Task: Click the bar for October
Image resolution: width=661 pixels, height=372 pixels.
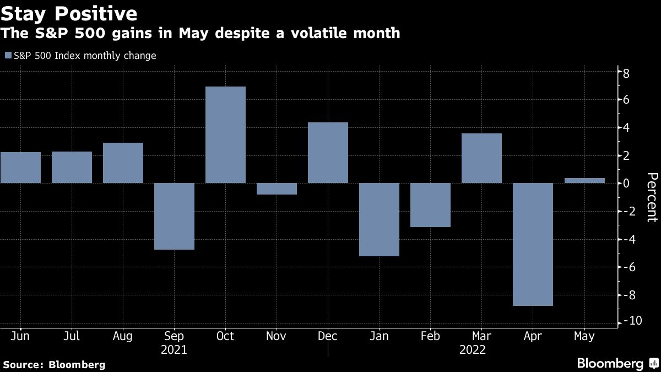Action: [x=225, y=134]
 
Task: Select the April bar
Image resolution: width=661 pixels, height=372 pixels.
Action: [x=533, y=244]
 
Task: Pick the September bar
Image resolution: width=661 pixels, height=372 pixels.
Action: [x=174, y=216]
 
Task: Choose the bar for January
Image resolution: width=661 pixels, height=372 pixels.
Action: [x=379, y=219]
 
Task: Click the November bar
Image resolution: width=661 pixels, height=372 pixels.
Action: [x=277, y=188]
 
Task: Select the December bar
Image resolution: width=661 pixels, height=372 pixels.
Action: [x=328, y=153]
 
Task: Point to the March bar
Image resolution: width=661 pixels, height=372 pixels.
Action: [x=481, y=158]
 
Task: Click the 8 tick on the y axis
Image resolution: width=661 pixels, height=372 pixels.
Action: [x=626, y=73]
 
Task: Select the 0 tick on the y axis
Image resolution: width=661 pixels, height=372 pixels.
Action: [x=626, y=184]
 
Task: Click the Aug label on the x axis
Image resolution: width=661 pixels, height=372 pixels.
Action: [x=123, y=336]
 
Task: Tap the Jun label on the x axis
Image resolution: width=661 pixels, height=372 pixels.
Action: [x=20, y=336]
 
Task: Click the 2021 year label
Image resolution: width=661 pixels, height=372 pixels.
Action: [x=174, y=350]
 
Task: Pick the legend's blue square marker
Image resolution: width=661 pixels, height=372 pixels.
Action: [x=8, y=56]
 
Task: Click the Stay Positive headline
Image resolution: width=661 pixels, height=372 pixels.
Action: [x=69, y=13]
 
